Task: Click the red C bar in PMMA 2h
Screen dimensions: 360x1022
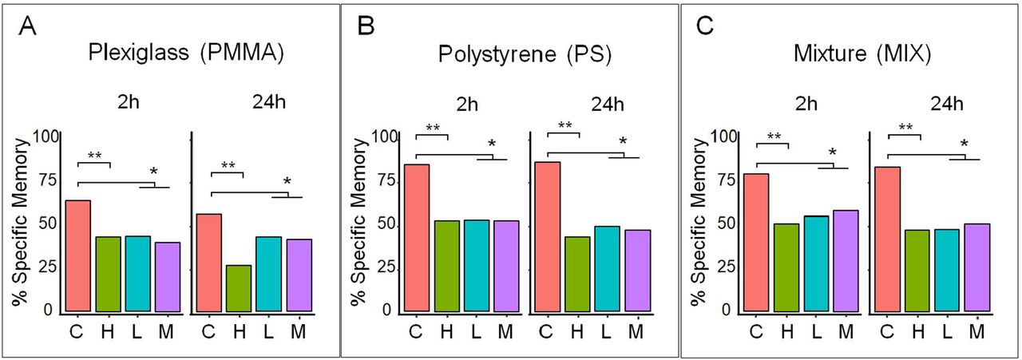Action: click(x=77, y=255)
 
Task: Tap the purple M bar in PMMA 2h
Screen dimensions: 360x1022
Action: click(x=168, y=276)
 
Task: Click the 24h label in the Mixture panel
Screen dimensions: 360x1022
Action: click(x=947, y=104)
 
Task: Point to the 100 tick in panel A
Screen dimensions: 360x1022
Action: click(x=50, y=136)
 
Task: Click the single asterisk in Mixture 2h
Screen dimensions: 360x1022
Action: click(x=832, y=153)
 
